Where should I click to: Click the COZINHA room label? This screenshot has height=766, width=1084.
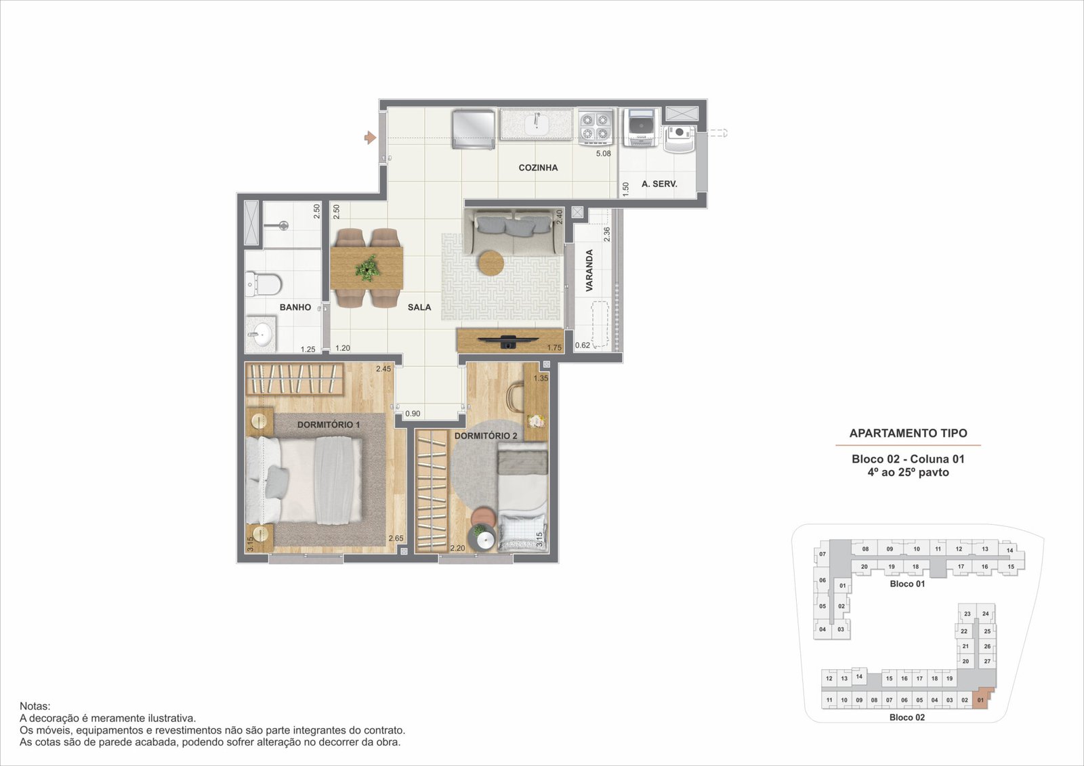pyautogui.click(x=538, y=168)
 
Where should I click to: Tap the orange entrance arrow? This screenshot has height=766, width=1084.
pyautogui.click(x=370, y=137)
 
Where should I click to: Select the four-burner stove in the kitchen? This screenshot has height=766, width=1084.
pyautogui.click(x=596, y=128)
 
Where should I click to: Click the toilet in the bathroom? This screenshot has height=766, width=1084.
pyautogui.click(x=264, y=284)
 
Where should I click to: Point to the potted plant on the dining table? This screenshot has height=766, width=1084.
pyautogui.click(x=367, y=268)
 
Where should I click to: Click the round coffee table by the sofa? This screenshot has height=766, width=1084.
pyautogui.click(x=491, y=263)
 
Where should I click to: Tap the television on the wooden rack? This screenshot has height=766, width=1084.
pyautogui.click(x=508, y=341)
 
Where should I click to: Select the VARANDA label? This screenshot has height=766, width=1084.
pyautogui.click(x=589, y=270)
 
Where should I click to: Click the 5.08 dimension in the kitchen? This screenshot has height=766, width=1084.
pyautogui.click(x=604, y=153)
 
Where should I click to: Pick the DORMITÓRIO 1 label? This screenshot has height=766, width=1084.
pyautogui.click(x=329, y=425)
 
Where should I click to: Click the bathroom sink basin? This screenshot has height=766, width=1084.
pyautogui.click(x=261, y=333)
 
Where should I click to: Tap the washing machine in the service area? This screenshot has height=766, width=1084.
pyautogui.click(x=641, y=128)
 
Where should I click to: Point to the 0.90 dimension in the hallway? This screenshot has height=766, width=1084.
pyautogui.click(x=413, y=414)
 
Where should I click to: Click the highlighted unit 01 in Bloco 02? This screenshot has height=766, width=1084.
pyautogui.click(x=981, y=700)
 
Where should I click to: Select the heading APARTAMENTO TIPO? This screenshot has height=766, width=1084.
pyautogui.click(x=909, y=433)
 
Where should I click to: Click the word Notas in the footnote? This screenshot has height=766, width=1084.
pyautogui.click(x=35, y=706)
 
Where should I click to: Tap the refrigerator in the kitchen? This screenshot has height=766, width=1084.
pyautogui.click(x=474, y=128)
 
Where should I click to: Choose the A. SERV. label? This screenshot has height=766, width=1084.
pyautogui.click(x=659, y=184)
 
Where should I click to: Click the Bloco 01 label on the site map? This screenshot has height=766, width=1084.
pyautogui.click(x=907, y=584)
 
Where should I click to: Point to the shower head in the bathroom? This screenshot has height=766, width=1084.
pyautogui.click(x=284, y=226)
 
